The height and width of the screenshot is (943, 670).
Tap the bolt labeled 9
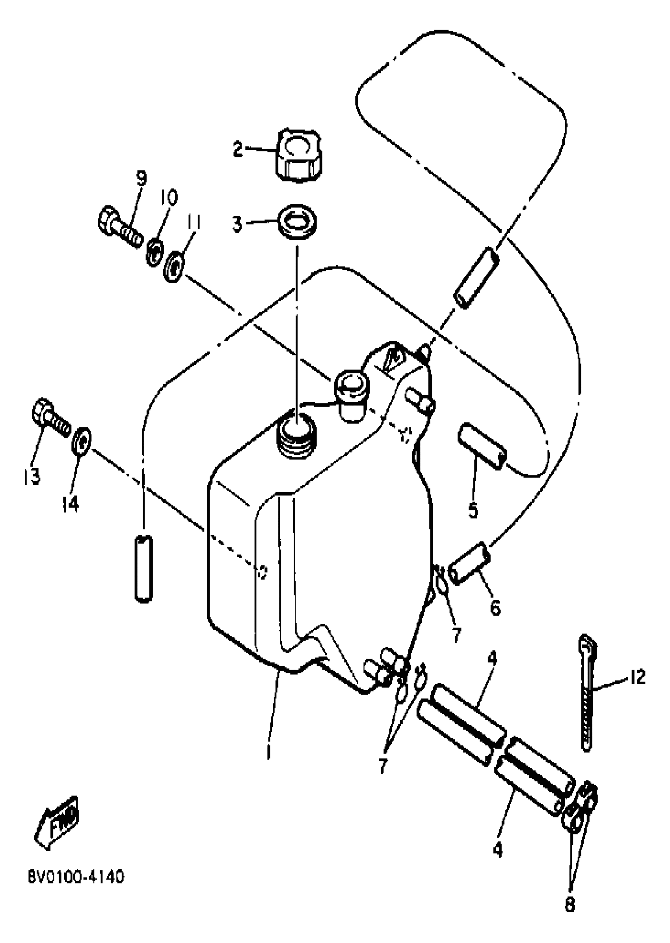coord(119,226)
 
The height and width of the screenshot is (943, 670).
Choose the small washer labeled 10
coord(154,252)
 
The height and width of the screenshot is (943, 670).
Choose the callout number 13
coord(32,476)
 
